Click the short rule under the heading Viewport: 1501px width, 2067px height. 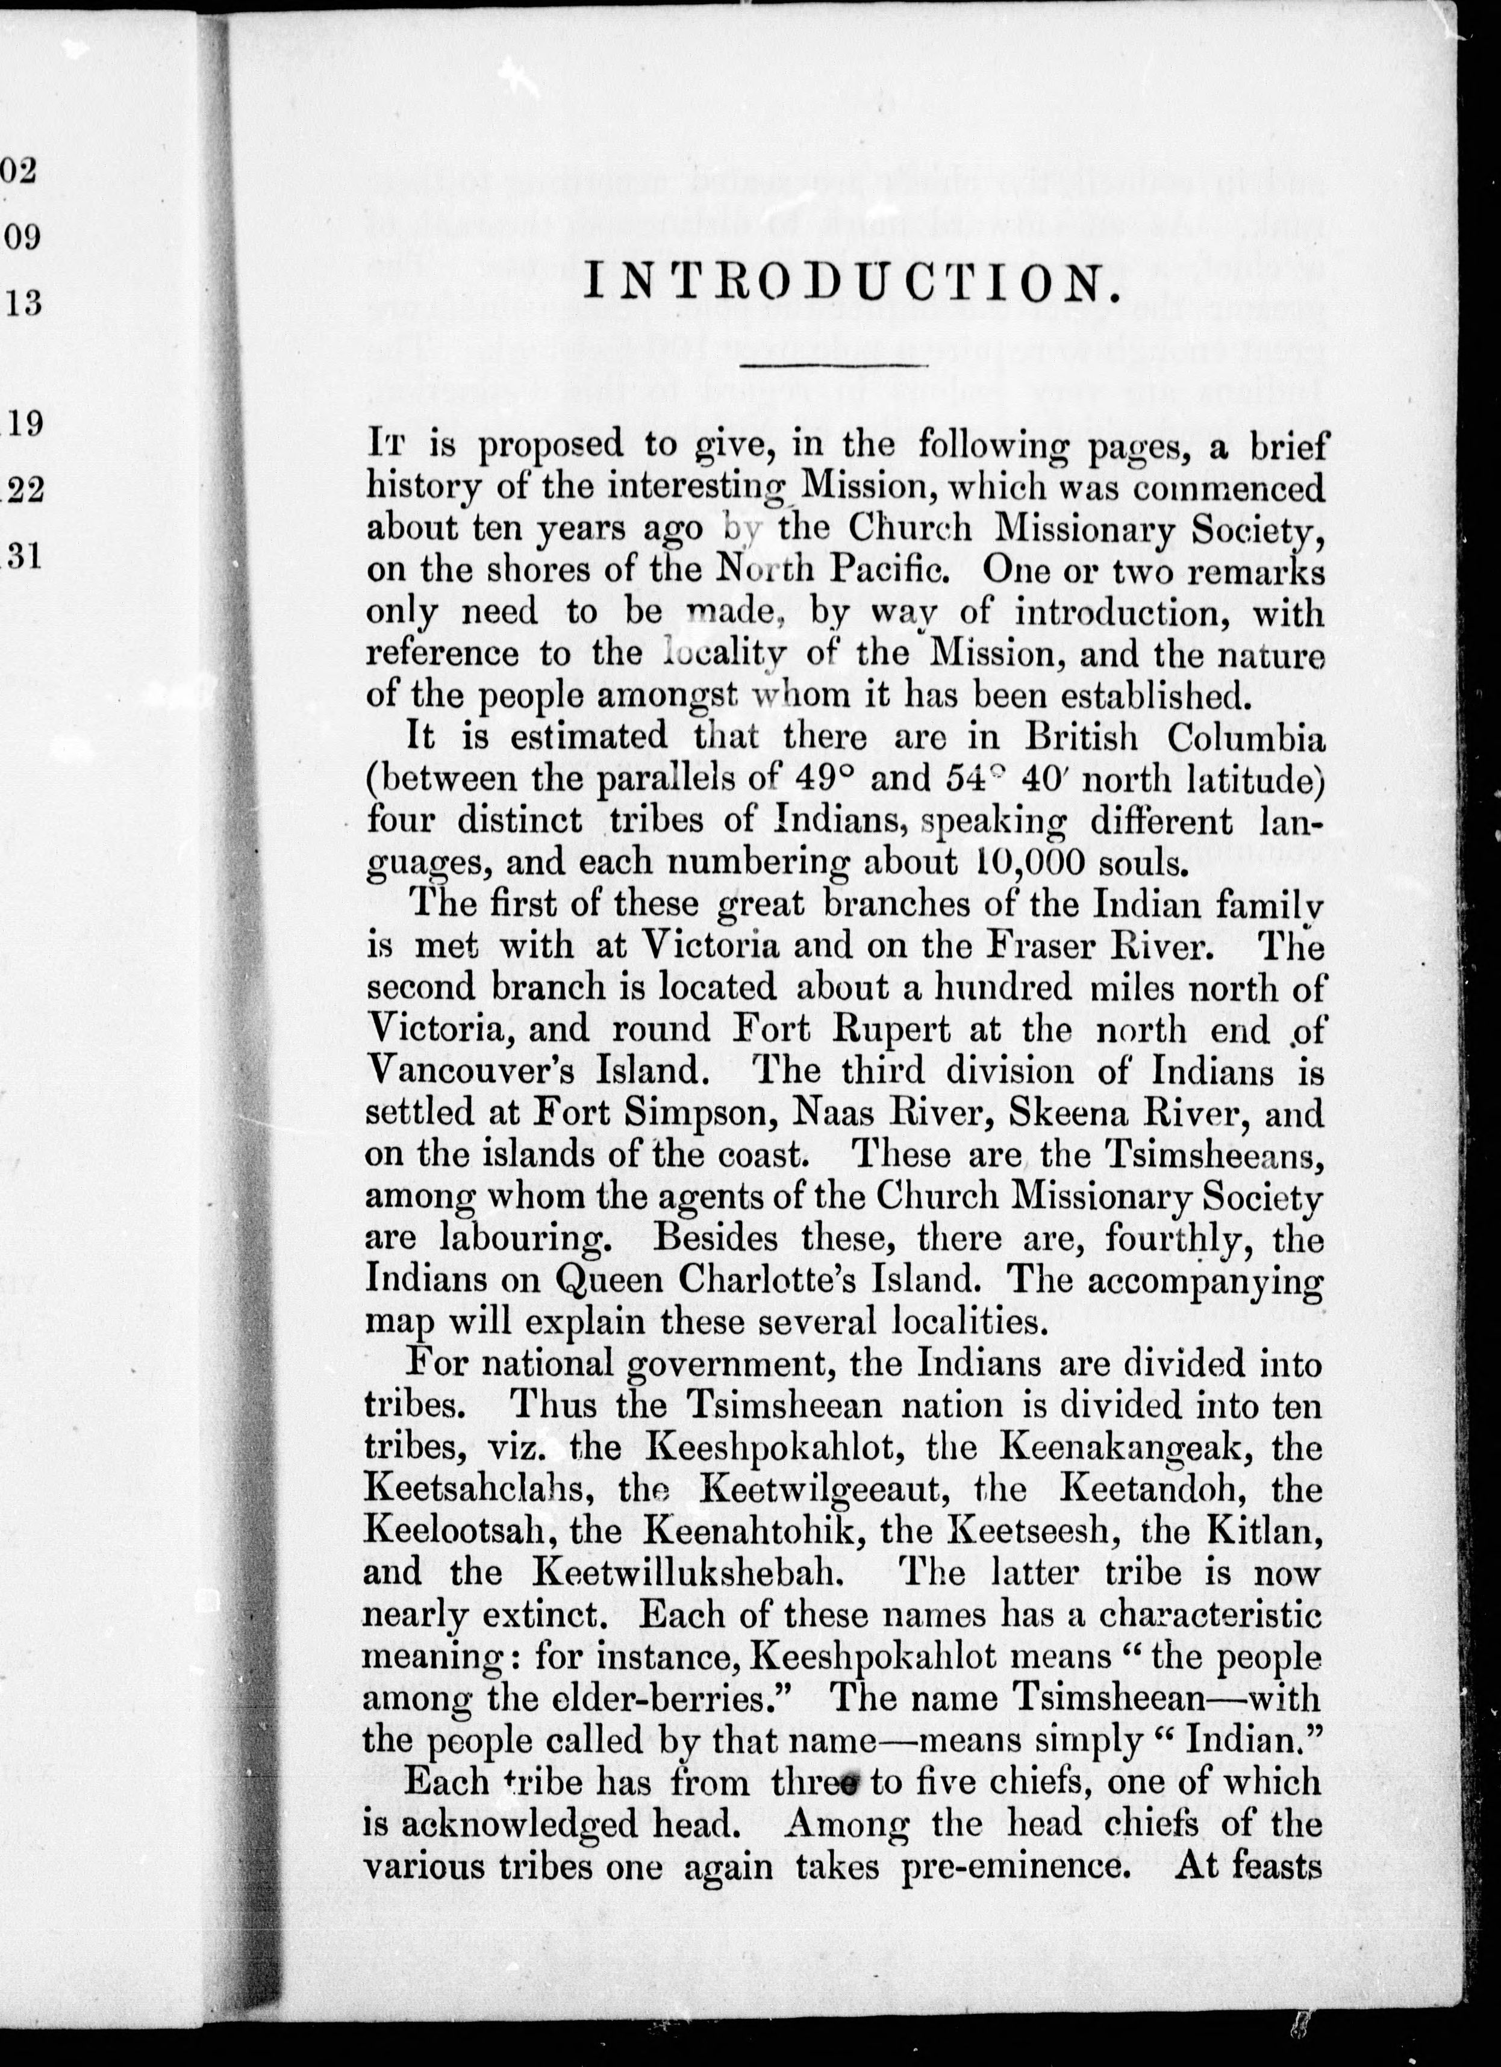(834, 366)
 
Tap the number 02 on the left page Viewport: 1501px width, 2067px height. (20, 170)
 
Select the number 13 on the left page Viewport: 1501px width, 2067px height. (23, 302)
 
